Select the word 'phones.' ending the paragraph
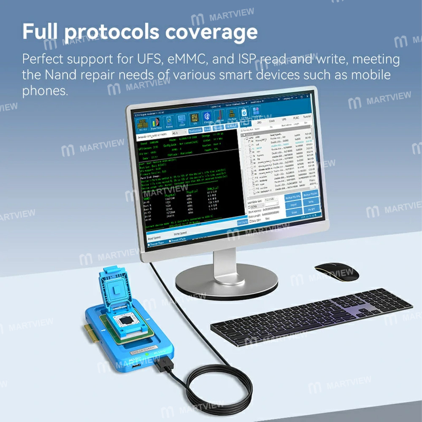click(45, 91)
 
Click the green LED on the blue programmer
click(146, 355)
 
